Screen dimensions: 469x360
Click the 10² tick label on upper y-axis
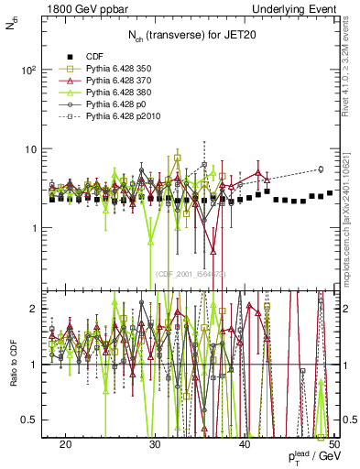pyautogui.click(x=29, y=70)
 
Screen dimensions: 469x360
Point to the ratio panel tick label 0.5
pyautogui.click(x=31, y=420)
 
